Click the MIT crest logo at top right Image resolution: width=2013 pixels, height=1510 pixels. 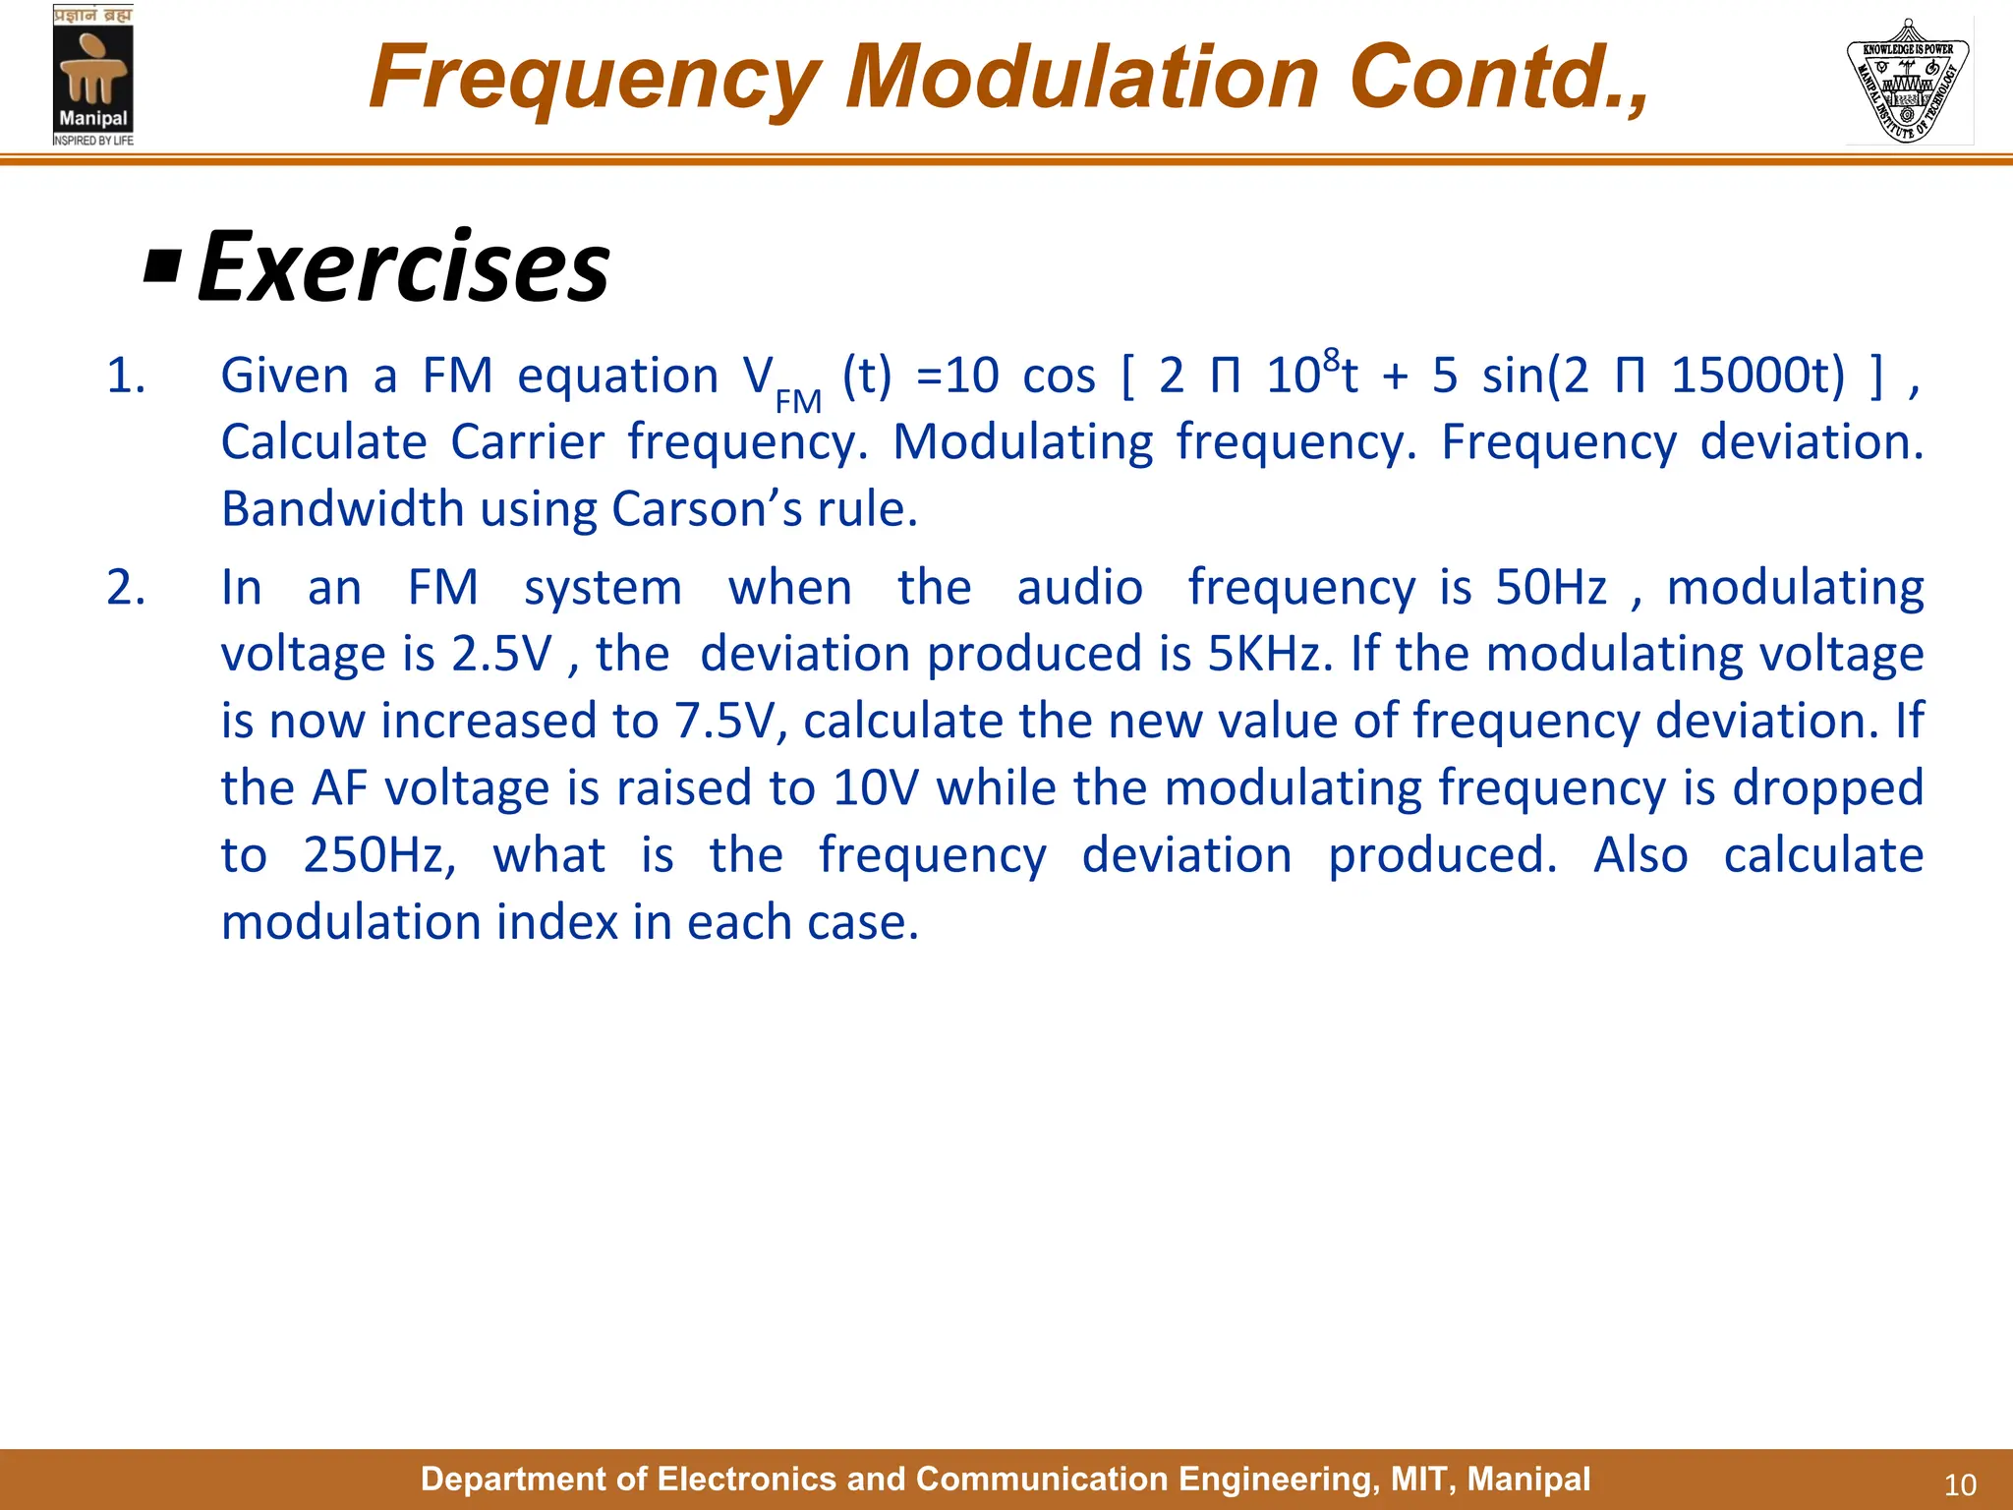[x=1908, y=81]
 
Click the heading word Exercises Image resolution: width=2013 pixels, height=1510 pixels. [x=403, y=267]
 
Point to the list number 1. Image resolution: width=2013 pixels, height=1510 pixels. [x=125, y=377]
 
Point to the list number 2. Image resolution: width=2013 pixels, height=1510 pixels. [x=125, y=588]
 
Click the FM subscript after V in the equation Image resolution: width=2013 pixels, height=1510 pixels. [x=797, y=401]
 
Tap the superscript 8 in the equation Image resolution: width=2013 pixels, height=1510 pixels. [x=1331, y=359]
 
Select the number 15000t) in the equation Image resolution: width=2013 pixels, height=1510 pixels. [x=1758, y=377]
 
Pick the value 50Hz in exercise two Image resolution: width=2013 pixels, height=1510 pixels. [x=1551, y=588]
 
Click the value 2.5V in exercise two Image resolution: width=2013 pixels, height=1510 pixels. [x=502, y=655]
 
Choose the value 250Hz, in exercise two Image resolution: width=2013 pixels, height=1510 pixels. [x=379, y=855]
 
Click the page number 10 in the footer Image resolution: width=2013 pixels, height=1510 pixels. [x=1960, y=1484]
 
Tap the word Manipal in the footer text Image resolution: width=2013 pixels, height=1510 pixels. [x=1528, y=1479]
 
